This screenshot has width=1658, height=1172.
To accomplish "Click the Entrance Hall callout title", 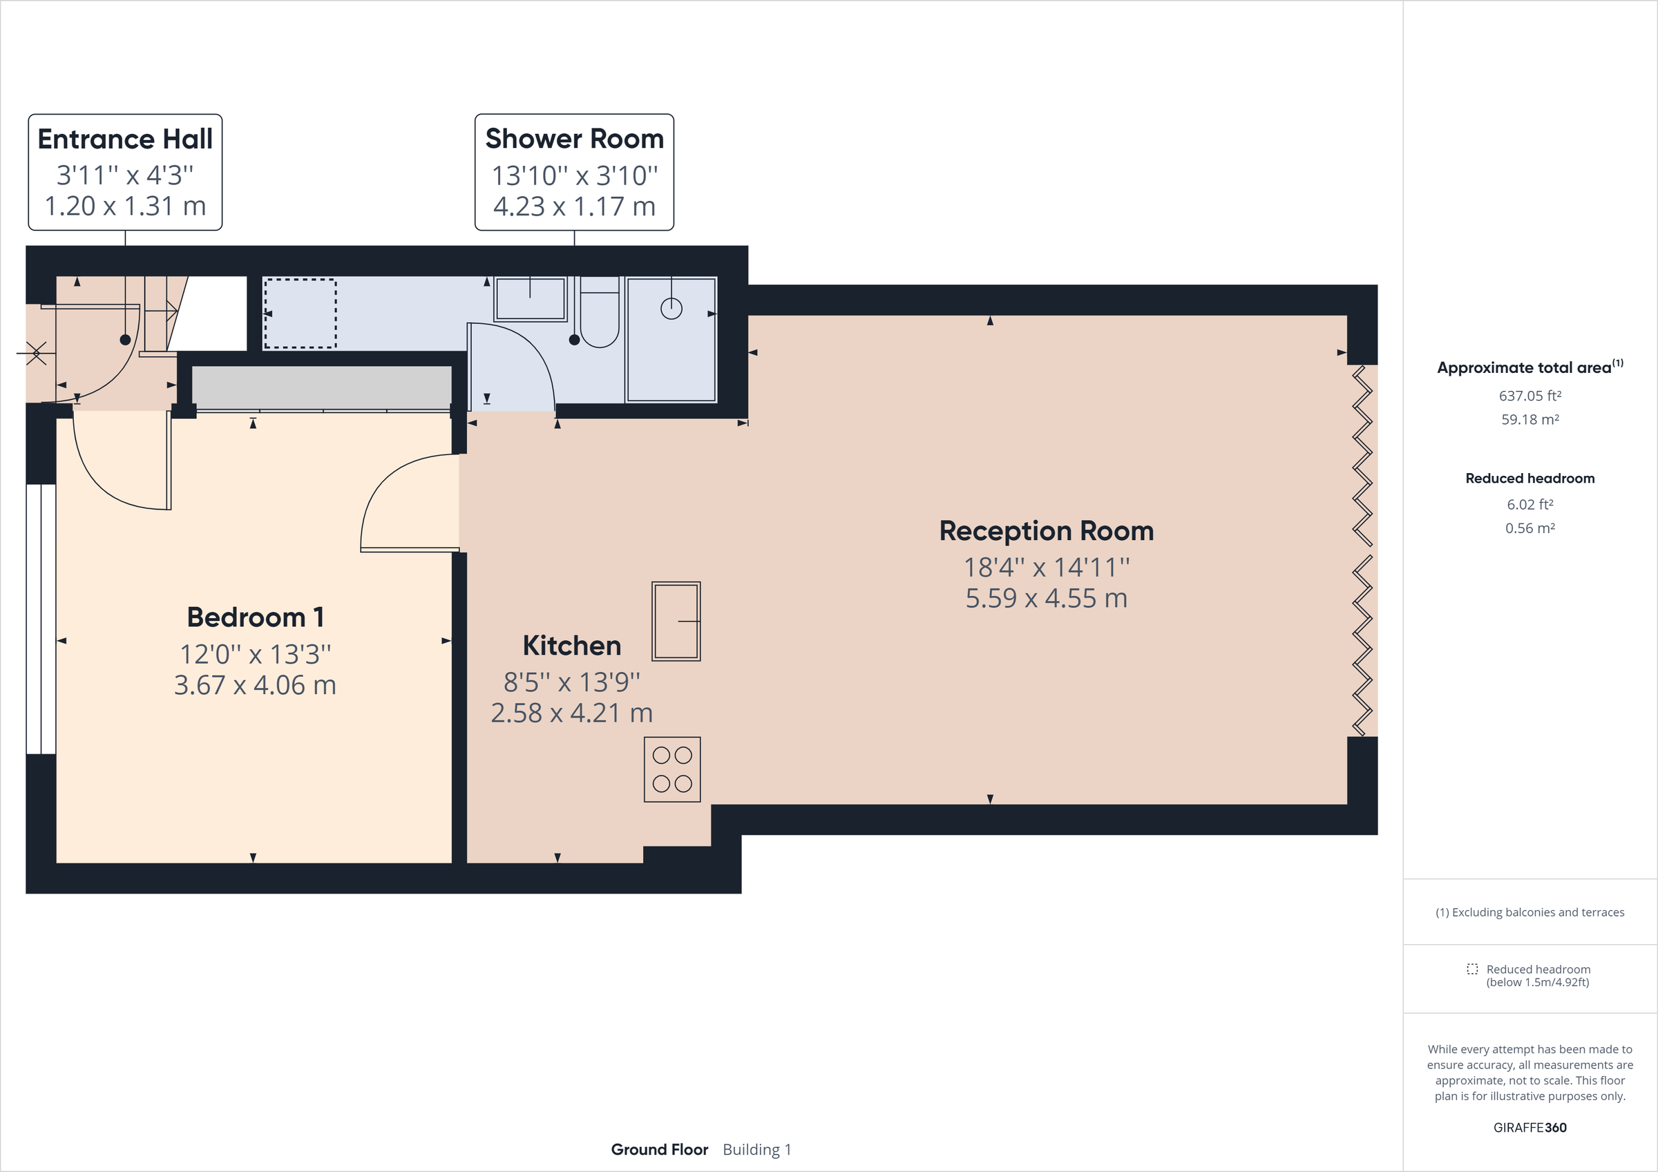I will (125, 140).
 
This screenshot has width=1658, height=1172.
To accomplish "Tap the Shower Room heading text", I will (574, 139).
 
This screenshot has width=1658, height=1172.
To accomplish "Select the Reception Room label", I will (1046, 531).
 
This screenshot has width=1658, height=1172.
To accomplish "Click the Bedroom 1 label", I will (255, 617).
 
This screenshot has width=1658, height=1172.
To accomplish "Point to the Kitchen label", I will (571, 646).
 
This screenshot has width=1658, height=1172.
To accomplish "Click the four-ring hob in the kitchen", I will (672, 769).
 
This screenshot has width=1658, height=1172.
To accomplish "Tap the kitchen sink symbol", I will (676, 621).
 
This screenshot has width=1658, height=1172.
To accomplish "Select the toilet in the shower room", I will (600, 314).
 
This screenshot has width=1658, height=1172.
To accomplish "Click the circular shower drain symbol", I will (671, 309).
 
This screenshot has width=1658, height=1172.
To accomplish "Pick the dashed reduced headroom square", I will (300, 314).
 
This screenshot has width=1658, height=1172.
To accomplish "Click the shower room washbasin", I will (530, 298).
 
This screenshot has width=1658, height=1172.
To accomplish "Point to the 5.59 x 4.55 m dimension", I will (1046, 599).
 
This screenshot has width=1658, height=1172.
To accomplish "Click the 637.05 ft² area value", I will (1530, 396).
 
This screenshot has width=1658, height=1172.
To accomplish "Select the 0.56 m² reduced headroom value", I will (1530, 528).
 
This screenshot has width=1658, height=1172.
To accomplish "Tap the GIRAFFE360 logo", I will (1530, 1128).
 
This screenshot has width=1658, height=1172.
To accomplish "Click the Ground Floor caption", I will (658, 1150).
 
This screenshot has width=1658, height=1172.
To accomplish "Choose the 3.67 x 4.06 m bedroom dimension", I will (255, 685).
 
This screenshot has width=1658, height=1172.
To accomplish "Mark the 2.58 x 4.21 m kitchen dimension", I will (571, 713).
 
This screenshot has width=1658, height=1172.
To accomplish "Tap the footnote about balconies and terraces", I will (1530, 913).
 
